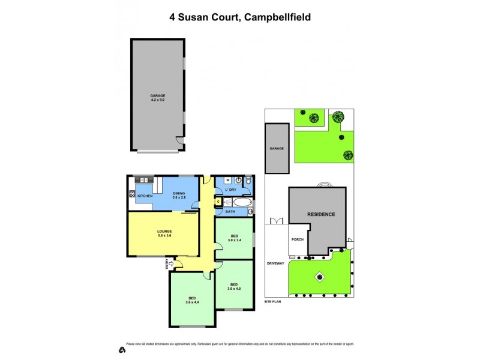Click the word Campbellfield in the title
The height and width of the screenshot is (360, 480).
tap(280, 17)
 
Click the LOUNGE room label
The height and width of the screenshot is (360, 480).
tap(164, 232)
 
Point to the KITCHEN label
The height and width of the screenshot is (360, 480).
tap(145, 196)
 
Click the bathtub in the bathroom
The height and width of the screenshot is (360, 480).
tap(243, 202)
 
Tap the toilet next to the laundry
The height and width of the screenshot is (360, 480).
tap(248, 179)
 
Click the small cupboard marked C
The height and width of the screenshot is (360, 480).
tap(218, 202)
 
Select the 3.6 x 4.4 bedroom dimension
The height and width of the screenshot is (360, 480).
tap(192, 302)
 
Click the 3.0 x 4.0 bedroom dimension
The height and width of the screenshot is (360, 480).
tap(233, 289)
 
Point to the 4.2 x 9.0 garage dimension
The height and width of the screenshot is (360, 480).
tap(157, 100)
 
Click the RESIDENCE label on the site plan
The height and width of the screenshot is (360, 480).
tap(321, 214)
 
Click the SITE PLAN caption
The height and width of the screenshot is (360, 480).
tap(272, 302)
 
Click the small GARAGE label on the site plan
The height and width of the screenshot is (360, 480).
tap(276, 148)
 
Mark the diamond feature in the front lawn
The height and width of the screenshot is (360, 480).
tap(320, 277)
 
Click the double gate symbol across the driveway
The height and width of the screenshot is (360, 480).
tap(277, 221)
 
